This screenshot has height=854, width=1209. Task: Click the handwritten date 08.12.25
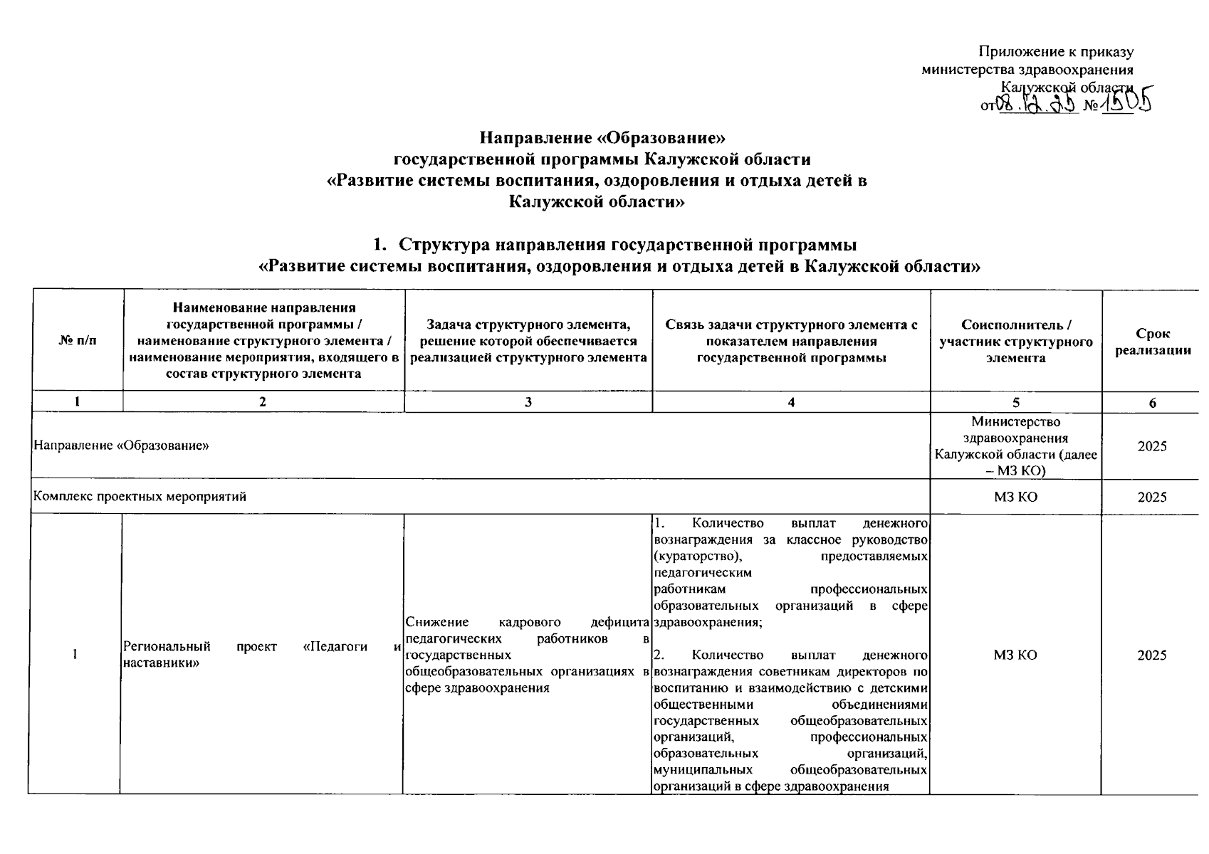tap(1037, 105)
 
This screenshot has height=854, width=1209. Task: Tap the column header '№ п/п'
tap(77, 341)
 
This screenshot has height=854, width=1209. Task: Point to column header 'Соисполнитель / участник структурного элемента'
tap(1015, 341)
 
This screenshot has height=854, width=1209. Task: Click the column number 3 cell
tap(528, 402)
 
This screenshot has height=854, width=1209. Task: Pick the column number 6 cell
tap(1152, 402)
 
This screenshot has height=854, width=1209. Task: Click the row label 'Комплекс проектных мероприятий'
tap(140, 497)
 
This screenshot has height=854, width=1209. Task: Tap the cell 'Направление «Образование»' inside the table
tap(121, 446)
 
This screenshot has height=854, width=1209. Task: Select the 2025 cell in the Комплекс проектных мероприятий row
tap(1151, 497)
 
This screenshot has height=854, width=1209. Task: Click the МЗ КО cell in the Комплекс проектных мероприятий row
tap(1015, 497)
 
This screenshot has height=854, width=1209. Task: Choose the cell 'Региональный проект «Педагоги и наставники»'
tap(261, 655)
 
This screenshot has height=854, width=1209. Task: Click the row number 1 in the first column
tap(75, 655)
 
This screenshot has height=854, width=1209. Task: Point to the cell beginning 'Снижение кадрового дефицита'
tap(527, 655)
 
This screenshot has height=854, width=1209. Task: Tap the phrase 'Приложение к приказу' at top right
tap(1056, 51)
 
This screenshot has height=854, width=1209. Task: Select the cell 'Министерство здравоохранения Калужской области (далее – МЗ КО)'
tap(1015, 446)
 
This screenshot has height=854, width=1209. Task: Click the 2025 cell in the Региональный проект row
tap(1151, 655)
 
